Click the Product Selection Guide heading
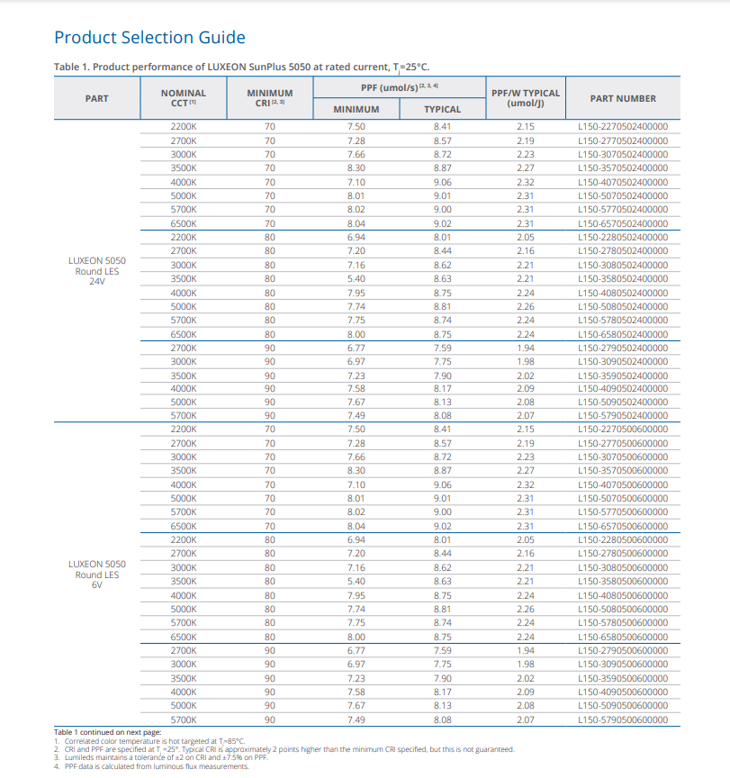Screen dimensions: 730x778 [x=149, y=38]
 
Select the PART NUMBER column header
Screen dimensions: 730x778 [x=623, y=98]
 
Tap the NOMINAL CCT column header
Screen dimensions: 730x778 [x=183, y=98]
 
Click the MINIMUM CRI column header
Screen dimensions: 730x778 [x=270, y=98]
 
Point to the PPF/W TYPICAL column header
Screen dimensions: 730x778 [x=526, y=98]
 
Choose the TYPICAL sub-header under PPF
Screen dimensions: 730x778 [x=442, y=109]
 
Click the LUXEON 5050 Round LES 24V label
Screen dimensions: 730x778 [x=97, y=271]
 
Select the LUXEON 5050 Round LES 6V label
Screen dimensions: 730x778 [x=97, y=574]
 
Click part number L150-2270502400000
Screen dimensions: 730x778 [x=623, y=127]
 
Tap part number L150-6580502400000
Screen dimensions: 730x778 [x=623, y=334]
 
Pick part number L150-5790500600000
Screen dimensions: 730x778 [x=623, y=719]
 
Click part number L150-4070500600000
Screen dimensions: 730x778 [x=623, y=484]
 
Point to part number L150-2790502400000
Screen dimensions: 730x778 [x=623, y=348]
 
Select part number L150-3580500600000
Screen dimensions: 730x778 [x=623, y=581]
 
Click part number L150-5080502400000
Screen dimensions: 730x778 [x=623, y=307]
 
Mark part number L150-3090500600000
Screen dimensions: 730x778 [x=623, y=664]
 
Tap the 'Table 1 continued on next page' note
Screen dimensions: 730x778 [x=108, y=732]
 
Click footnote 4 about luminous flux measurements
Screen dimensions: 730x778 [x=152, y=766]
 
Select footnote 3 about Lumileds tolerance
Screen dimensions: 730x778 [x=161, y=757]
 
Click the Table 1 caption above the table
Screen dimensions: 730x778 [x=241, y=67]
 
